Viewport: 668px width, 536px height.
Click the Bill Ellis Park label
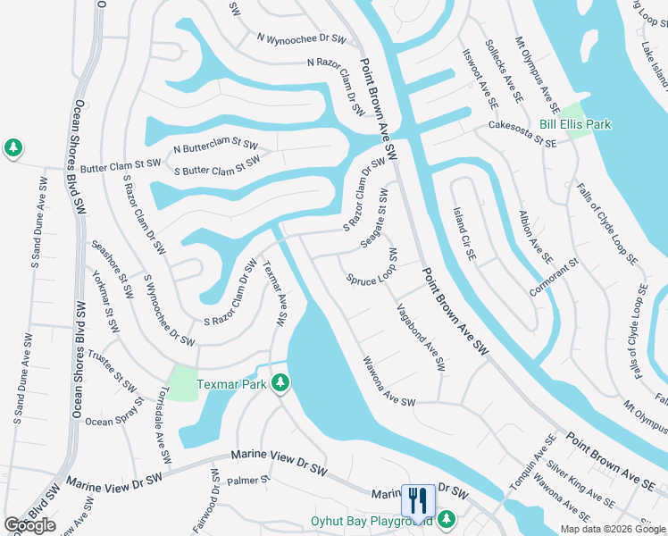pos(575,124)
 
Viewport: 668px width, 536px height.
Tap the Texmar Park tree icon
pos(281,383)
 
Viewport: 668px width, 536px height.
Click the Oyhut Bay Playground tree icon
pos(446,519)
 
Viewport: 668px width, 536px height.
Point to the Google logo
pos(29,525)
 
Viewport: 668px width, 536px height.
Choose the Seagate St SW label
pos(380,211)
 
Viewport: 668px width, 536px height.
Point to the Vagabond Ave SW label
pos(421,337)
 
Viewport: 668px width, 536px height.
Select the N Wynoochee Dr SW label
pos(301,38)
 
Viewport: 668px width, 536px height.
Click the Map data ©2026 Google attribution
pos(613,529)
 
